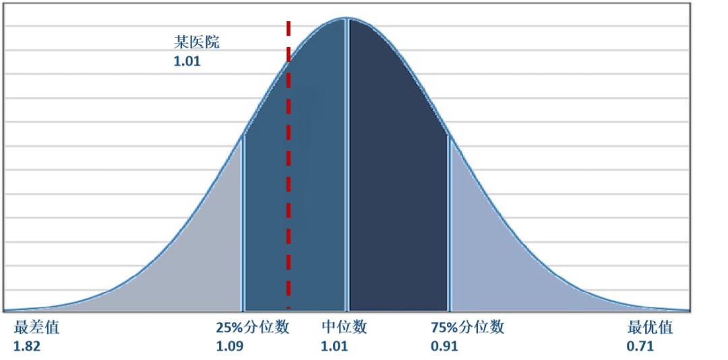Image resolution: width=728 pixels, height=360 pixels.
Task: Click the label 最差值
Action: (x=36, y=328)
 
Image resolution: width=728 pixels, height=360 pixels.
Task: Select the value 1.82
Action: (x=26, y=347)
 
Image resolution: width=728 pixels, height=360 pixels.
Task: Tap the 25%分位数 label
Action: (x=253, y=328)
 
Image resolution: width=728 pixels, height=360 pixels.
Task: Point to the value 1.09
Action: (x=229, y=347)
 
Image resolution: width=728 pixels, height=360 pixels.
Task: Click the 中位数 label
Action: (x=344, y=328)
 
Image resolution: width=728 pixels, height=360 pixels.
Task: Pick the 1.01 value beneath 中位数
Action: (x=334, y=347)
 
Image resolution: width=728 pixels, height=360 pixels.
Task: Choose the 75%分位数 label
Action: (x=467, y=328)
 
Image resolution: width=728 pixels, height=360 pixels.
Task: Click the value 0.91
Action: (x=444, y=347)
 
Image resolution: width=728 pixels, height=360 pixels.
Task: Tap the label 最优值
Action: (x=650, y=328)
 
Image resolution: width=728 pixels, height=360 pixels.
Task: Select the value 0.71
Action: (x=640, y=347)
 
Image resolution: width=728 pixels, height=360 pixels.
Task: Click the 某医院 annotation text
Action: (x=197, y=42)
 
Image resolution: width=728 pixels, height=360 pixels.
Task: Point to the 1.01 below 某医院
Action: (x=187, y=61)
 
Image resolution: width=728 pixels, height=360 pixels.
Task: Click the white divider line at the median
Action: (x=347, y=169)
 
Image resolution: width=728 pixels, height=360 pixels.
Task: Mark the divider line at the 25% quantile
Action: (x=243, y=222)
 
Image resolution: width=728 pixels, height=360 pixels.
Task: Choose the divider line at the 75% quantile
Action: (x=450, y=222)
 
